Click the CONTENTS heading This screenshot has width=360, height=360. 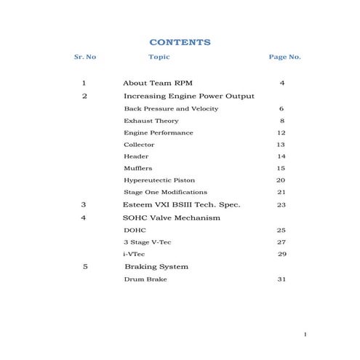179,42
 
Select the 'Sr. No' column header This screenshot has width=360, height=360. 85,57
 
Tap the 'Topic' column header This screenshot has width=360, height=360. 159,57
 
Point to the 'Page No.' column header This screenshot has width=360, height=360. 284,57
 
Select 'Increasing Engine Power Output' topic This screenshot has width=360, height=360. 189,96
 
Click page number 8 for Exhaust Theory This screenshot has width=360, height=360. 281,121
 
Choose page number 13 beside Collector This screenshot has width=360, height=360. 281,145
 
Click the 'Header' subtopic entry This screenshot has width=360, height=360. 136,156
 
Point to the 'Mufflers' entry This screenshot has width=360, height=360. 137,168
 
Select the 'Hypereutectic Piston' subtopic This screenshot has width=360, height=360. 159,180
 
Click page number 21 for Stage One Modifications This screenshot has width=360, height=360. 281,192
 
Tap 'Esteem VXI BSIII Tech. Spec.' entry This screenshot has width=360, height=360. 182,205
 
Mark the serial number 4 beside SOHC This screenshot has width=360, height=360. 84,217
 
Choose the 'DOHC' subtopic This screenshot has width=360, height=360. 135,230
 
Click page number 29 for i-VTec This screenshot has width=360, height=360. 282,254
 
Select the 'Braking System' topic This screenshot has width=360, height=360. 156,267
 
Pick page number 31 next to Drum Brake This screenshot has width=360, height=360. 281,279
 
